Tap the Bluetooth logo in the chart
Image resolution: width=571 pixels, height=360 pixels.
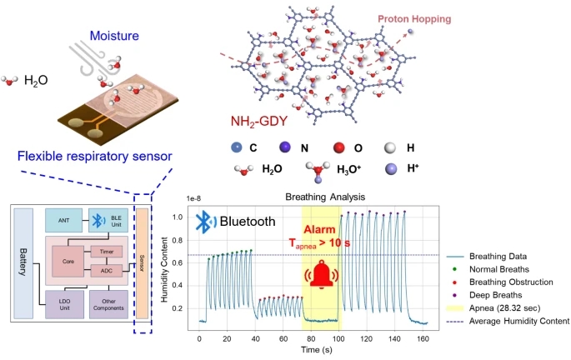click(205, 222)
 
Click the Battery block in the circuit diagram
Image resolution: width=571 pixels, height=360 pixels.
click(23, 263)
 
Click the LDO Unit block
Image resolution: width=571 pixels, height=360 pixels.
click(64, 304)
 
